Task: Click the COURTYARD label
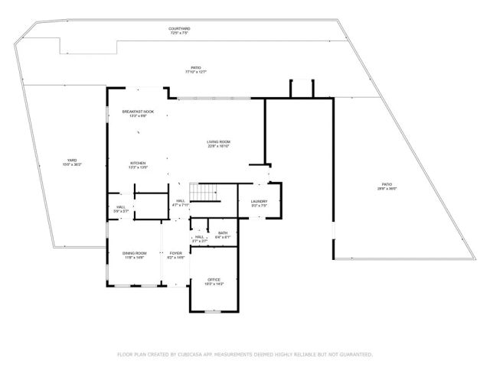coord(180,29)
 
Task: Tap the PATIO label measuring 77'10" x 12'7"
coord(196,67)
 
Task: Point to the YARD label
coord(71,161)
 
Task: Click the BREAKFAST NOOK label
coord(138,112)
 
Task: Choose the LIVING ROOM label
coord(218,141)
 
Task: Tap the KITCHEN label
coord(138,163)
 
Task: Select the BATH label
coord(222,233)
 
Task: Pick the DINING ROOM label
coord(134,254)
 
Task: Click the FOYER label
coord(176,254)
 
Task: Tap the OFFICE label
coord(214,280)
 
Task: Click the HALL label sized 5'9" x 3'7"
coord(121,207)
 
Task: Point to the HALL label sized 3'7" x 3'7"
coord(199,237)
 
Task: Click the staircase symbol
coord(204,193)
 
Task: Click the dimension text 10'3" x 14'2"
coord(214,284)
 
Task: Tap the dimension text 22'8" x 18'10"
coord(218,146)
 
